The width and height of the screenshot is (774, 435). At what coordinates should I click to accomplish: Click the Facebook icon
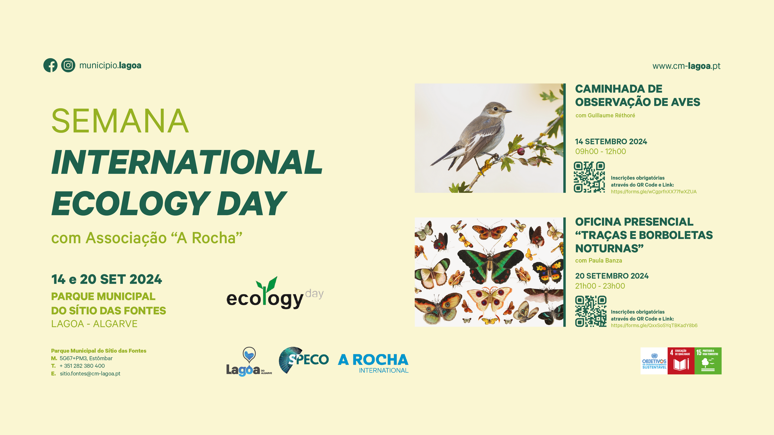(50, 65)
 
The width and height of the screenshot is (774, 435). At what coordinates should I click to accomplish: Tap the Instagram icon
(68, 65)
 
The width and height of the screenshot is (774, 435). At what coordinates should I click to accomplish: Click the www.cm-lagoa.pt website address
(686, 66)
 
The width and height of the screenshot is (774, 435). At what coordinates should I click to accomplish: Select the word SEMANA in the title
(120, 121)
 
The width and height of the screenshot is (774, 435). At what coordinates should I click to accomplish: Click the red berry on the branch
(521, 151)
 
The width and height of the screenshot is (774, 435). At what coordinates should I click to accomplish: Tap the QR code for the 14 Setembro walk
(589, 177)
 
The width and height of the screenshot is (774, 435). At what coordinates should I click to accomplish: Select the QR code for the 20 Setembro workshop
(590, 311)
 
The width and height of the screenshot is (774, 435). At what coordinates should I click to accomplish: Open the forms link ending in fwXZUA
(654, 192)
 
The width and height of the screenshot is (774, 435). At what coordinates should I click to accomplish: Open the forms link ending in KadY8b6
(654, 326)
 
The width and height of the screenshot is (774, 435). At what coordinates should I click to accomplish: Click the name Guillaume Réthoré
(611, 115)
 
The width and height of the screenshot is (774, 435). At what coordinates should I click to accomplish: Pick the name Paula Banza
(605, 260)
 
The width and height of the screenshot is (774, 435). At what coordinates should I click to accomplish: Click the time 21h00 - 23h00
(600, 286)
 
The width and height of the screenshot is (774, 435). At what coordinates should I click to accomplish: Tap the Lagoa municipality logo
(249, 362)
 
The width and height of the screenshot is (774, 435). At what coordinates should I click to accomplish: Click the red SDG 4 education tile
(681, 361)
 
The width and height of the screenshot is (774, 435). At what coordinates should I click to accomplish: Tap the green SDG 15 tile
(708, 361)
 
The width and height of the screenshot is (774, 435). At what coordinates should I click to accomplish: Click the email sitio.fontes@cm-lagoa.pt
(90, 374)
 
